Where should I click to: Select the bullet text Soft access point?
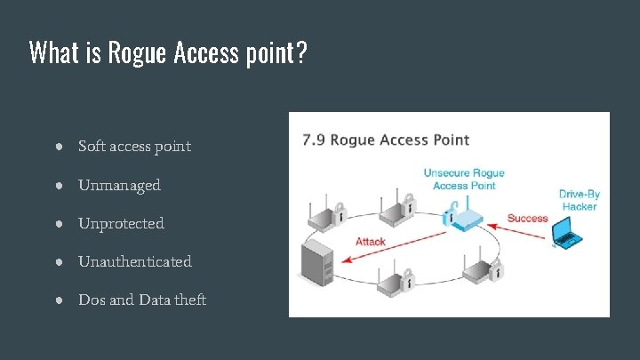(x=134, y=146)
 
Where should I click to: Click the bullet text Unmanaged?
(x=119, y=185)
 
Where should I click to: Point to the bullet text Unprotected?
(x=121, y=223)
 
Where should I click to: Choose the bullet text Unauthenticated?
(x=134, y=261)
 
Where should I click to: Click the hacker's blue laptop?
(x=566, y=232)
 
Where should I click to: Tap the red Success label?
(x=527, y=218)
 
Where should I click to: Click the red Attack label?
(x=370, y=241)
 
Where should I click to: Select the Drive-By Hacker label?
(x=578, y=200)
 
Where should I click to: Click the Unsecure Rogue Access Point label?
(x=463, y=179)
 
